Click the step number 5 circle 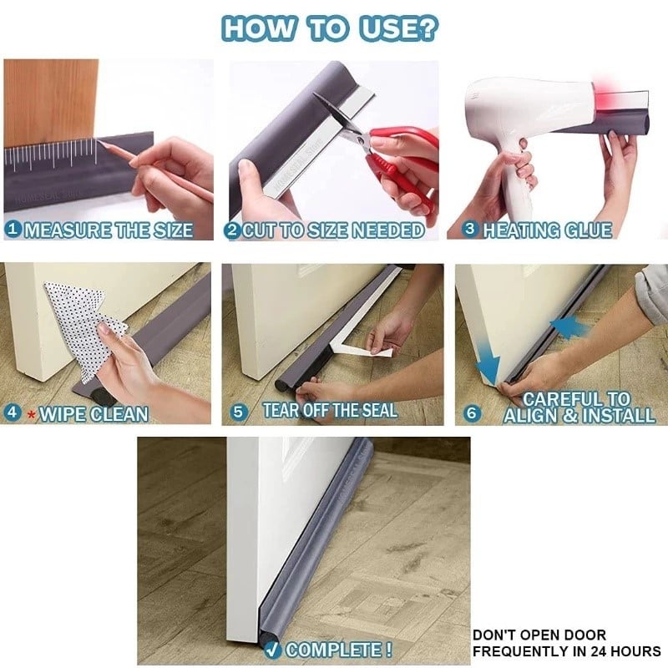[240, 411]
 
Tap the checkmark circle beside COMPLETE [273, 649]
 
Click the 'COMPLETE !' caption [339, 649]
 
